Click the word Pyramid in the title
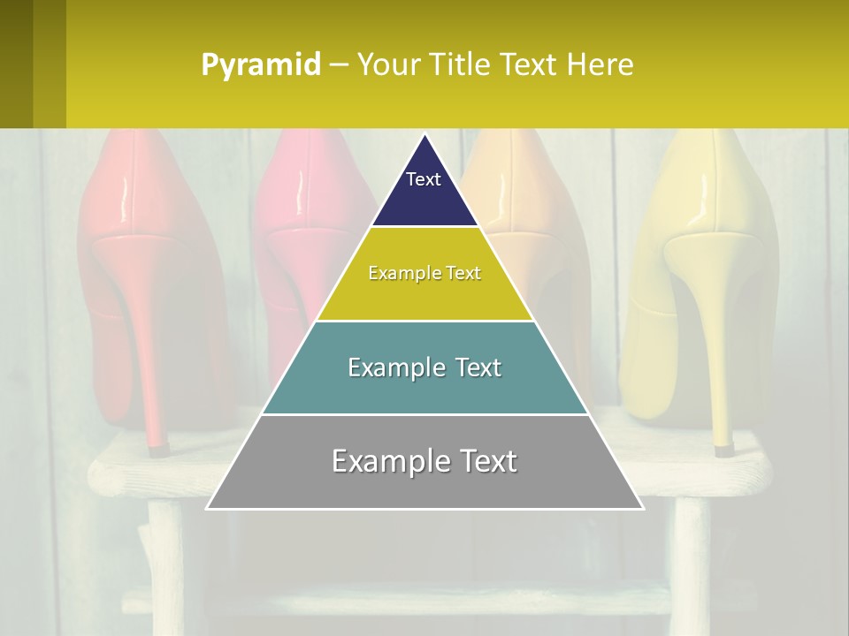pos(261,65)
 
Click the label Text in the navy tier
pos(424,179)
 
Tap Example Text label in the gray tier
pos(424,461)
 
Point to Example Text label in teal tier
pos(424,367)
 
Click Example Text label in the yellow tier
pos(424,273)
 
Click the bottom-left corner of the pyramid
pos(208,508)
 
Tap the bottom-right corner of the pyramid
pos(642,508)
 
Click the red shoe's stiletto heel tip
pos(157,447)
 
